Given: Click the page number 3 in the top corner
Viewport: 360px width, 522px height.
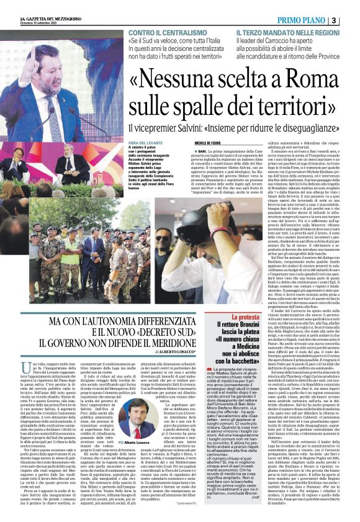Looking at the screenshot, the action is pyautogui.click(x=351, y=20).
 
